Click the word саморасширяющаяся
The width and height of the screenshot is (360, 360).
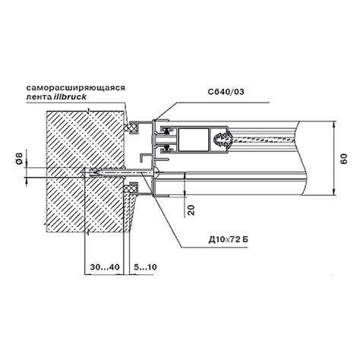76,88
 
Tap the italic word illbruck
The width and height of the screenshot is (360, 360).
70,96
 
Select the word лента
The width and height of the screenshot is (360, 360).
39,97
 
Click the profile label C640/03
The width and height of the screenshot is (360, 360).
226,92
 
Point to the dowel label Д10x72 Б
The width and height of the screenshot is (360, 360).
229,239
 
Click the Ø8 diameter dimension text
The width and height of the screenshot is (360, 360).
20,159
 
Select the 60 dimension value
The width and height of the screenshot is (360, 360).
344,159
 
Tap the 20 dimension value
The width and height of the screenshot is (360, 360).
192,210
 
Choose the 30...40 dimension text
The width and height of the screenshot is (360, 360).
105,267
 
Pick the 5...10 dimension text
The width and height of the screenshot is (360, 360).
145,267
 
